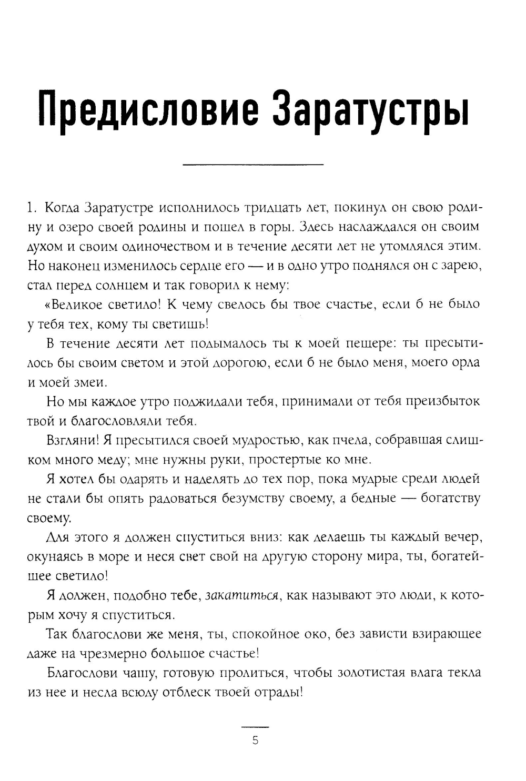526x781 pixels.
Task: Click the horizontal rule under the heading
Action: (252, 165)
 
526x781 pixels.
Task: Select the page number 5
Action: (255, 741)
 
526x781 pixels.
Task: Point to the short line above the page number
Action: (255, 727)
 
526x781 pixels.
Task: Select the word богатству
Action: (450, 498)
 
